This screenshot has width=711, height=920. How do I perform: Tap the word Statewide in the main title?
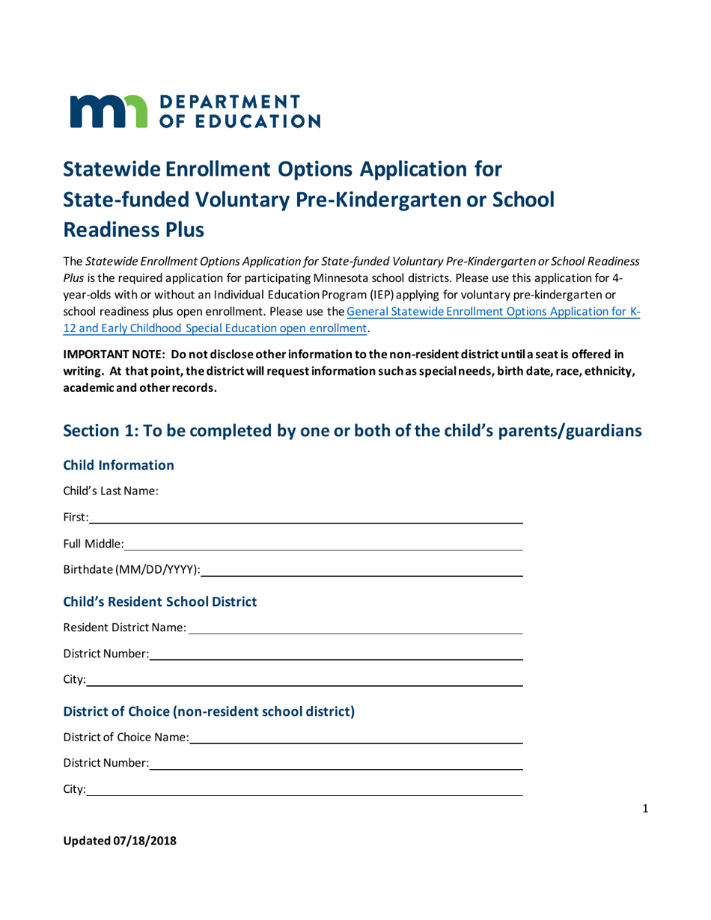pyautogui.click(x=115, y=168)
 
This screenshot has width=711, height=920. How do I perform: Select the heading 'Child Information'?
pyautogui.click(x=119, y=465)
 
